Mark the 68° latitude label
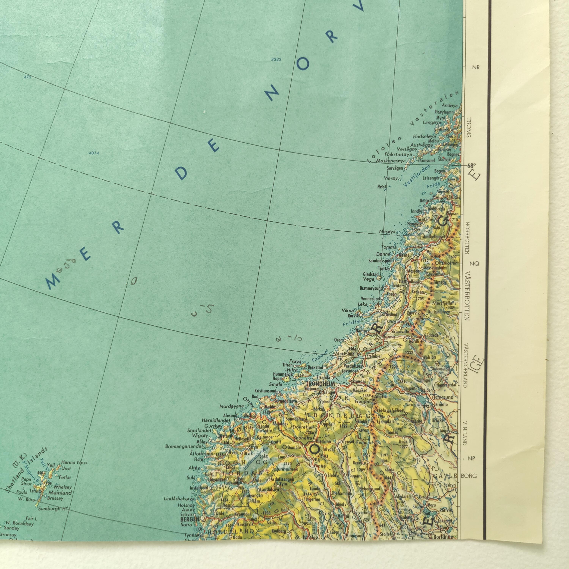(471, 166)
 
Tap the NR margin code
(476, 68)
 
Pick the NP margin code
(471, 458)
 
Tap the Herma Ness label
(74, 462)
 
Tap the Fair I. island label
(31, 519)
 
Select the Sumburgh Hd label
(49, 508)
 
